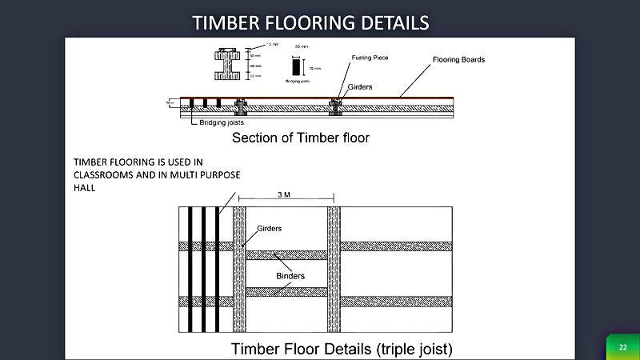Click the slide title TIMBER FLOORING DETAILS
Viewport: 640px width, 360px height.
pyautogui.click(x=310, y=22)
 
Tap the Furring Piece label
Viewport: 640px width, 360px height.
pyautogui.click(x=370, y=58)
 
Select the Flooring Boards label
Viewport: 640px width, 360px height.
pyautogui.click(x=458, y=60)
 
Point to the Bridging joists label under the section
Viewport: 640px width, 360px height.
pyautogui.click(x=222, y=122)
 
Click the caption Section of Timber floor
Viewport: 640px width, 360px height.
pyautogui.click(x=300, y=138)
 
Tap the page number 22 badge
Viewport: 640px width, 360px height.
pyautogui.click(x=622, y=346)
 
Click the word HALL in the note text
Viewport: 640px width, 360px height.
pyautogui.click(x=85, y=189)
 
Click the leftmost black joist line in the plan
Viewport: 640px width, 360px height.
pyautogui.click(x=190, y=269)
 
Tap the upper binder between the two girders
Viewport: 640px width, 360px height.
pyautogui.click(x=286, y=255)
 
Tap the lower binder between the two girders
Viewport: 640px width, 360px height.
pyautogui.click(x=286, y=292)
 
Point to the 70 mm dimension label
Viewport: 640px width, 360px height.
pyautogui.click(x=313, y=70)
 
